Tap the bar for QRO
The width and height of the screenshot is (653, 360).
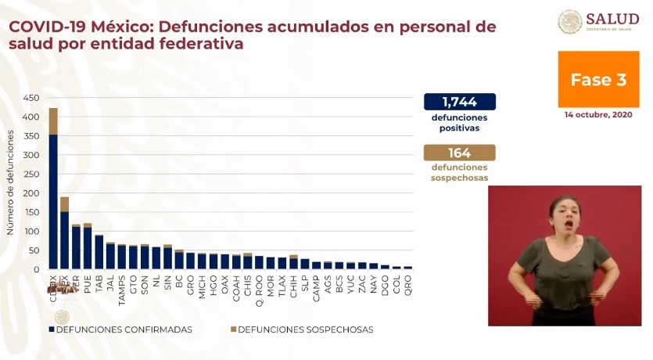point(407,267)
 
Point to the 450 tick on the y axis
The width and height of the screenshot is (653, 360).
point(31,99)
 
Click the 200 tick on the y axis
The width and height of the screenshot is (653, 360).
point(31,193)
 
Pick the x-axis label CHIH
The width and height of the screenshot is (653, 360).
point(293,283)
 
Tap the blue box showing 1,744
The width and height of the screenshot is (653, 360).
point(459,102)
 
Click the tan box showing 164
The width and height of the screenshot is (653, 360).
point(459,153)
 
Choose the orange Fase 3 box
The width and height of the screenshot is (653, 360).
point(597,80)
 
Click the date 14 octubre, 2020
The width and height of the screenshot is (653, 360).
point(597,114)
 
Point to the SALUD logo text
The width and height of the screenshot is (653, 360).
point(612,19)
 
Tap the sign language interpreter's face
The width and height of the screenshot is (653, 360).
point(564,214)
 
